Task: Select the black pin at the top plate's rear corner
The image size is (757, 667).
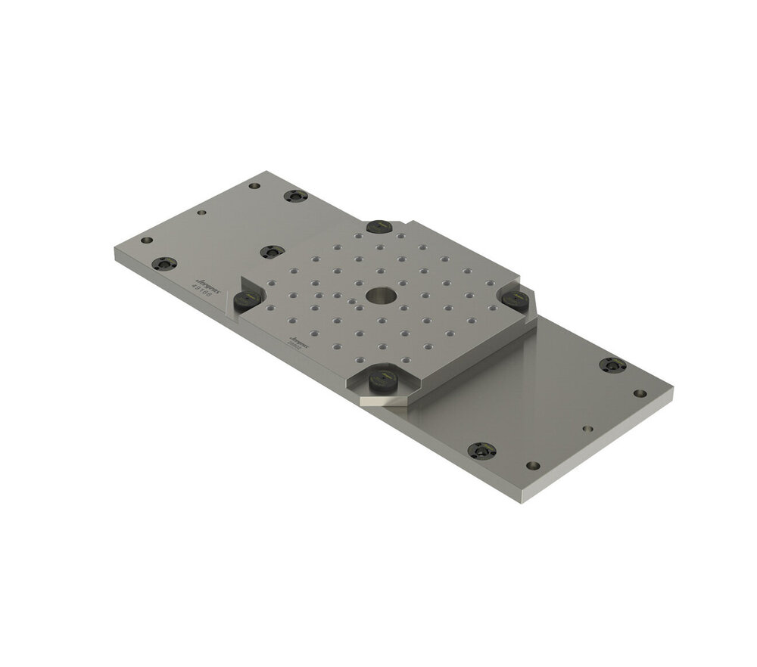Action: coord(378,226)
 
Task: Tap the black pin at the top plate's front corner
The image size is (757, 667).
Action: coord(382,383)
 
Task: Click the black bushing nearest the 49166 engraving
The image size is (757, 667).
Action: coord(164,264)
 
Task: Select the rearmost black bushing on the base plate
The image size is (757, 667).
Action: coord(295,196)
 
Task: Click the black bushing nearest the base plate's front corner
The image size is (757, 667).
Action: coord(481,451)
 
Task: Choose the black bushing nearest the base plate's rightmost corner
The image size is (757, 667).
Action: coord(612,365)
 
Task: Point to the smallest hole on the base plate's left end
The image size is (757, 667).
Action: coord(201,213)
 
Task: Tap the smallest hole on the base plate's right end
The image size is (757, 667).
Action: coord(587,428)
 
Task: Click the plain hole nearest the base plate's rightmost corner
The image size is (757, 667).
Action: coord(640,393)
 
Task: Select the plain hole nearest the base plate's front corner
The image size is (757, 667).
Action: coord(533,465)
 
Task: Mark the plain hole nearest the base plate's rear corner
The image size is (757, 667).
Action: coord(254,185)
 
